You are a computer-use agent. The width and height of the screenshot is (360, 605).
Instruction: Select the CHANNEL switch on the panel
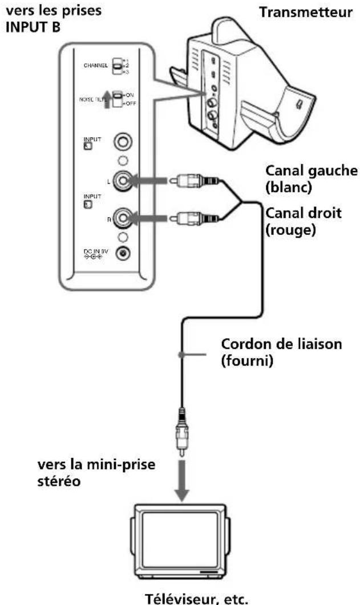118,66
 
